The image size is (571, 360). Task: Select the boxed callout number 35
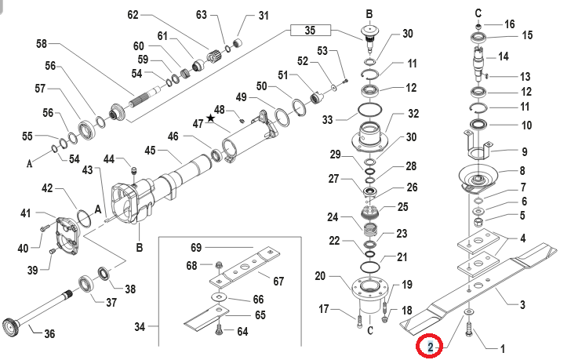(309, 31)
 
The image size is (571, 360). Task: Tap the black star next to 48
(210, 118)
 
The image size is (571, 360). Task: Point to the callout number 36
(49, 334)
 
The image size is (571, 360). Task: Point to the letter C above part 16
(478, 12)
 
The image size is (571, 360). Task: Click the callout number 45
(151, 150)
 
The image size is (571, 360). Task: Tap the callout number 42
(47, 188)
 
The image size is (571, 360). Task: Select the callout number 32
(413, 114)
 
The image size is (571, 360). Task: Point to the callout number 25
(403, 207)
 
